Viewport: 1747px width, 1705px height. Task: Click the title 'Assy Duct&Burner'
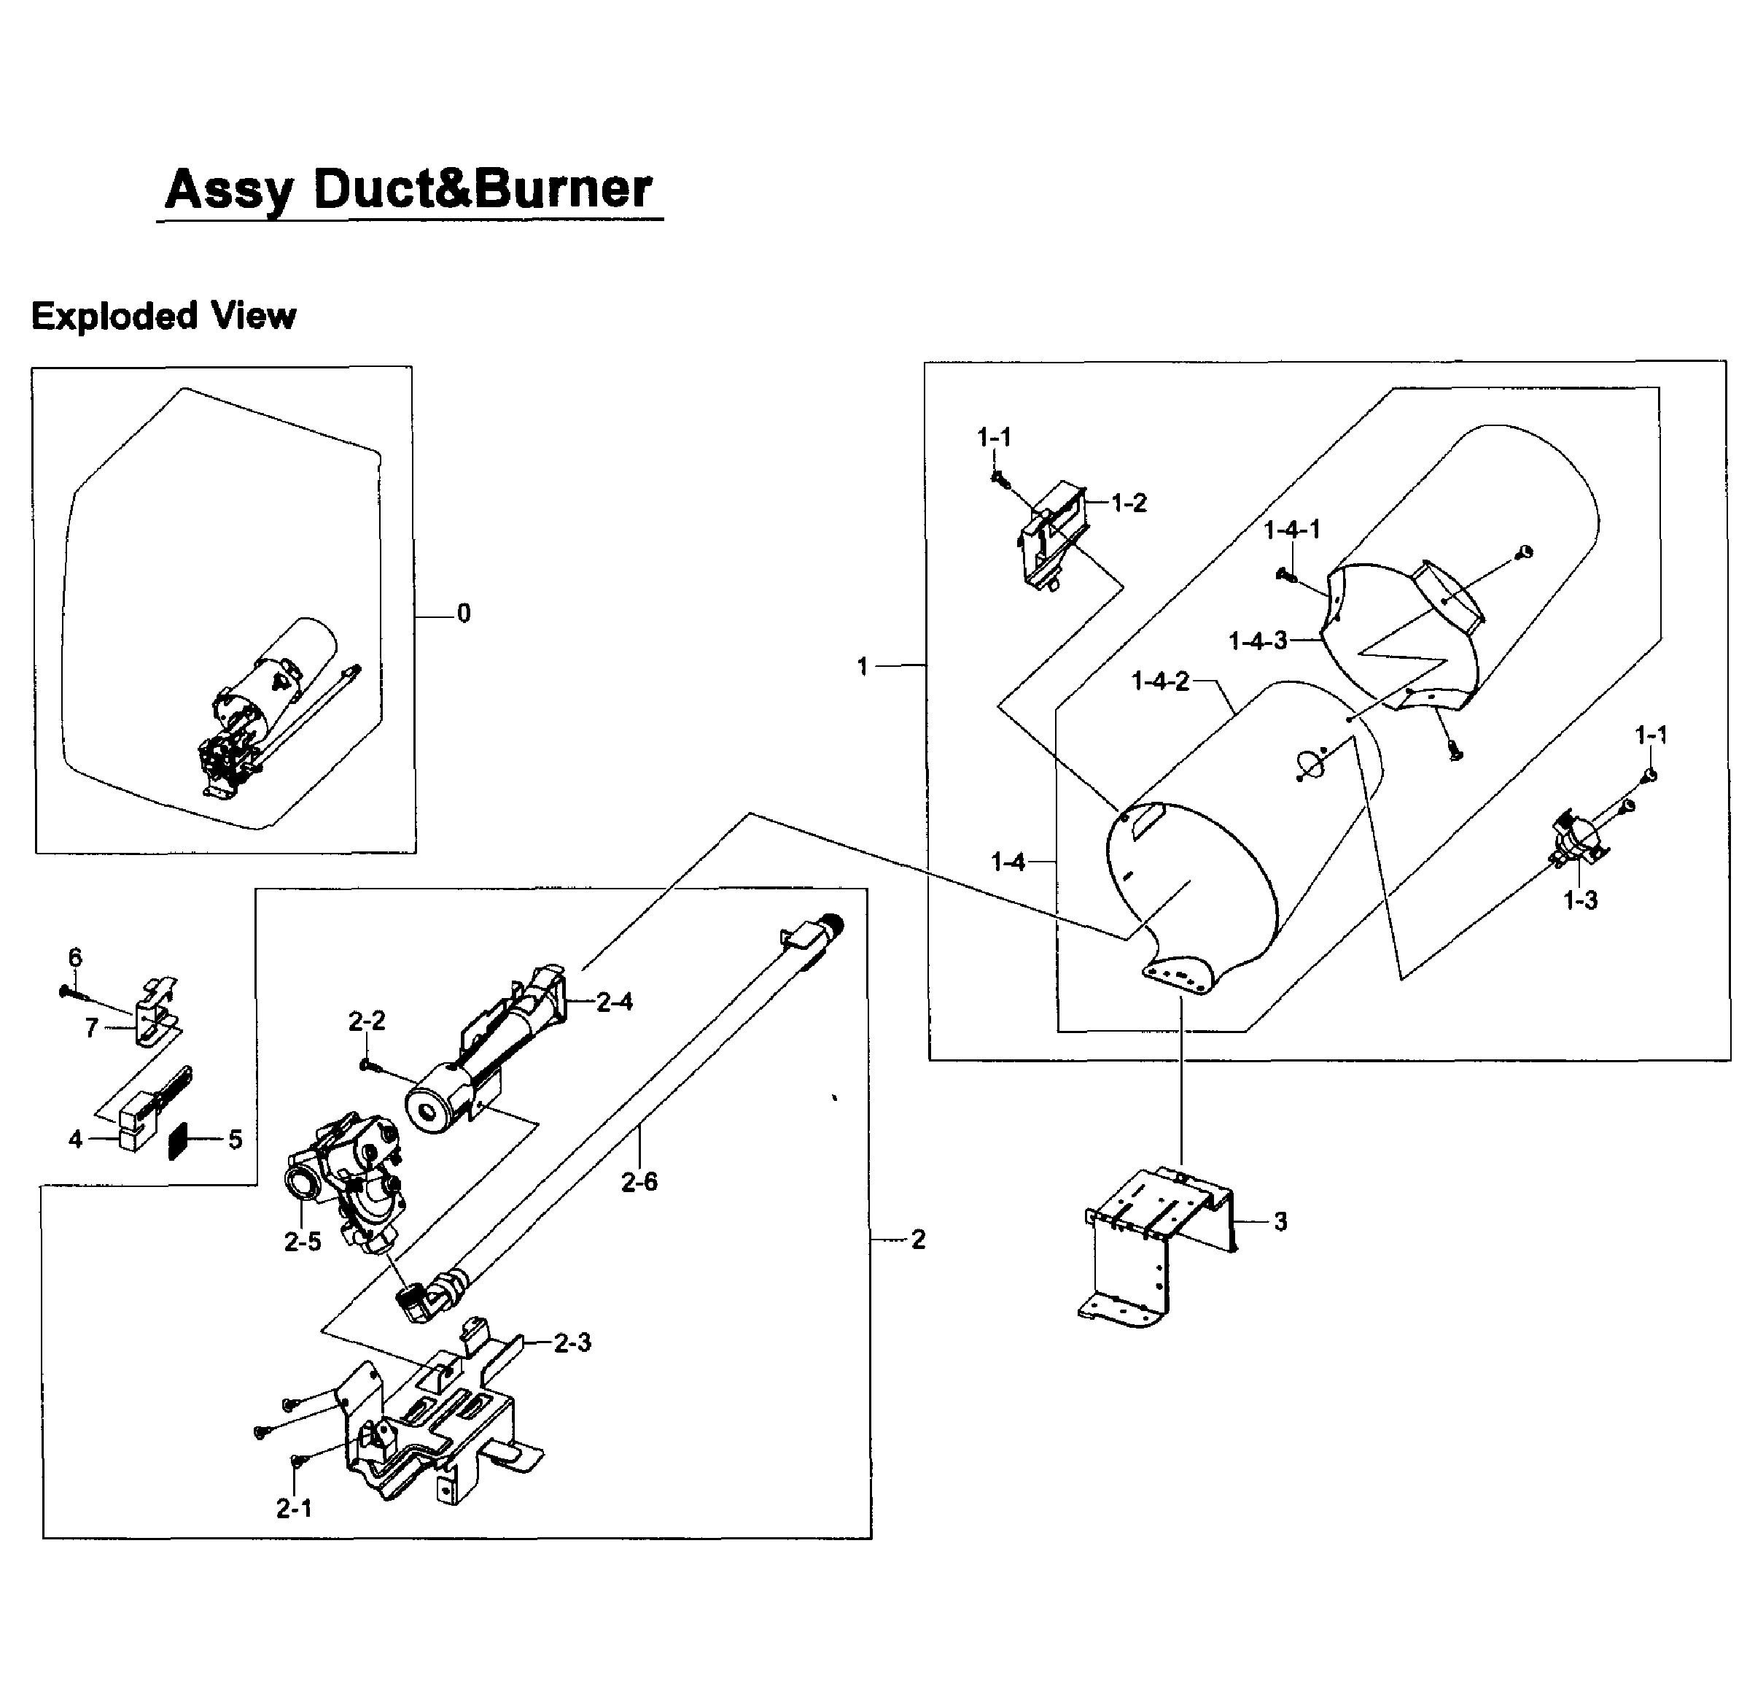click(408, 190)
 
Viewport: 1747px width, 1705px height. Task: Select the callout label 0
click(464, 614)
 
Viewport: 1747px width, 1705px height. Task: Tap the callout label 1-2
click(1129, 503)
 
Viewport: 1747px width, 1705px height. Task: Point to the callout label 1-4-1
click(1291, 530)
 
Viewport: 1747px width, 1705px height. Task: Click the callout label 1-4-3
click(1258, 641)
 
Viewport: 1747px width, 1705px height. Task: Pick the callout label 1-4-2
click(1160, 681)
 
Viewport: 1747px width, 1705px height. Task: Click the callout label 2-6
click(639, 1182)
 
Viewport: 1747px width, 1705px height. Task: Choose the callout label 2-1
click(294, 1509)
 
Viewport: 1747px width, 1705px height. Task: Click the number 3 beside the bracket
click(1280, 1221)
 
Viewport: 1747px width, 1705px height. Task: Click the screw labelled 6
click(69, 991)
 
